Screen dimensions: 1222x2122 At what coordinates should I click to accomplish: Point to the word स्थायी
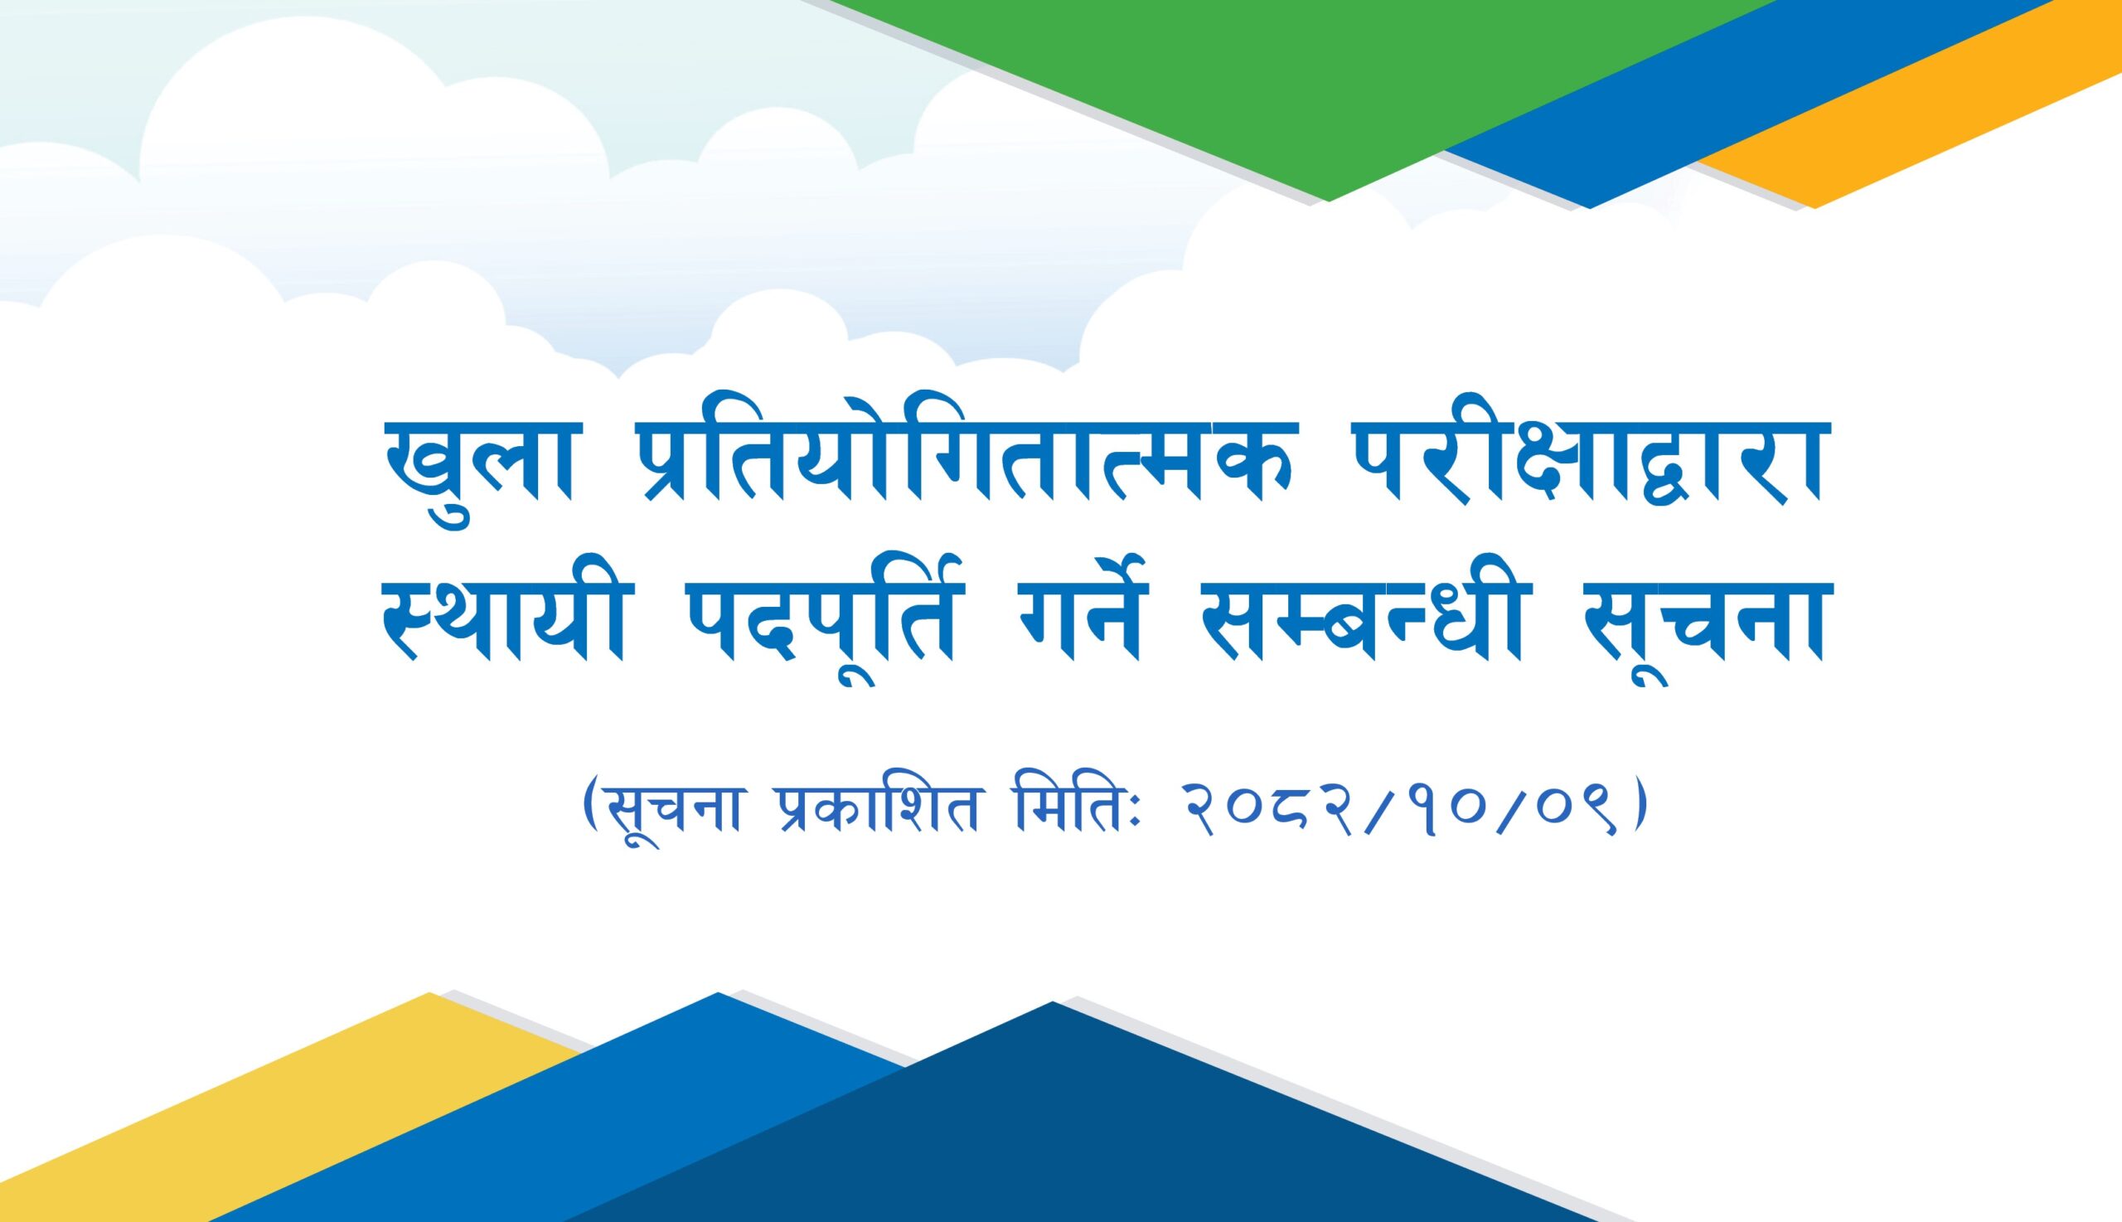point(502,628)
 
